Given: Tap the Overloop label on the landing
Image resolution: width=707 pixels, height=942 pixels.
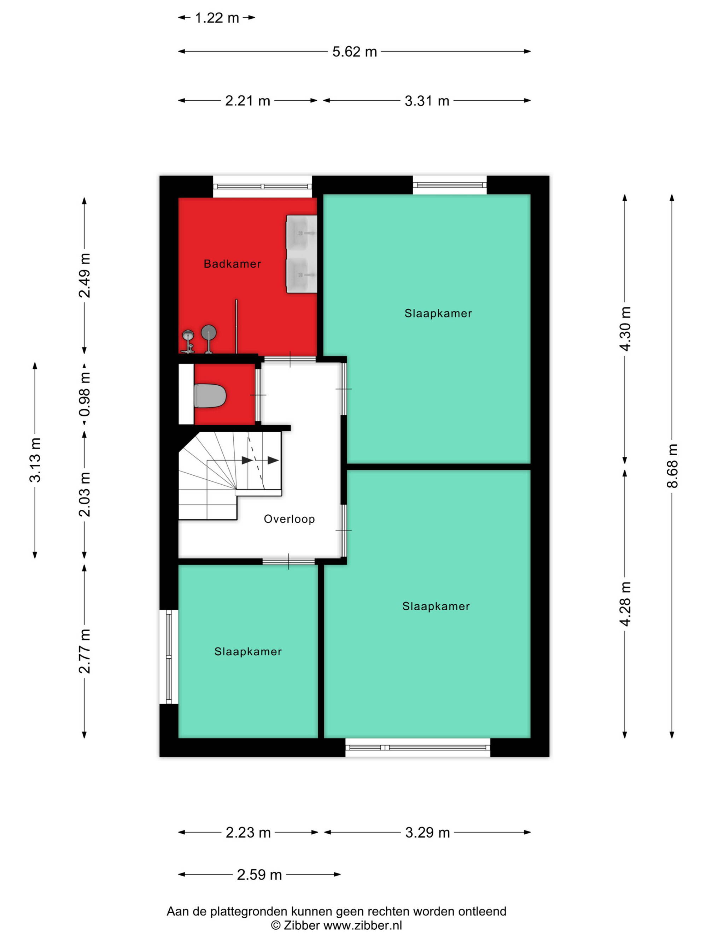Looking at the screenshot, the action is (x=290, y=519).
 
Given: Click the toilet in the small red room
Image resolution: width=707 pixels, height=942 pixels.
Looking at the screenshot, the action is (x=210, y=396).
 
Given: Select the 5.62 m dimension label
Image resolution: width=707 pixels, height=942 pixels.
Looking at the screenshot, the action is (x=355, y=52).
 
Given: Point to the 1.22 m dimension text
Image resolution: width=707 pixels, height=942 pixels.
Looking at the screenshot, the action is (x=217, y=18).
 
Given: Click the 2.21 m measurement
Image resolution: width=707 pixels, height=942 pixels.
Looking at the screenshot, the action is (x=247, y=101).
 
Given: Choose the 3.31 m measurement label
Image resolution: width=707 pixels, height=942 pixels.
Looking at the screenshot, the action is (x=427, y=101).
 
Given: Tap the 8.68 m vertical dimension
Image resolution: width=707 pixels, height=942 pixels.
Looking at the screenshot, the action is (x=672, y=466).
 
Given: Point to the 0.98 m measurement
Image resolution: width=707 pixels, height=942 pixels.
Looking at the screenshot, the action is (x=84, y=394).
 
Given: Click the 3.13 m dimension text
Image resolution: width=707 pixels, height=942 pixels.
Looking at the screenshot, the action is (x=35, y=460).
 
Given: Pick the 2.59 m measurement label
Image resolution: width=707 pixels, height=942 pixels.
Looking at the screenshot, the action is (x=259, y=875).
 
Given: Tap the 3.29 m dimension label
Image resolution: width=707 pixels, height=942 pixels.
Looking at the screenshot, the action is (x=427, y=833).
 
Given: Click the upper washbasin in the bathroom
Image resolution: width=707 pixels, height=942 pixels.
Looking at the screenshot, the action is (x=301, y=232).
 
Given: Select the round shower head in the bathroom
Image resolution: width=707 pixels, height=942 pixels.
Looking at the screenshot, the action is (x=209, y=332).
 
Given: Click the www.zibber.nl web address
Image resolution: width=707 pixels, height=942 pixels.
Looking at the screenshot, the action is (x=363, y=925).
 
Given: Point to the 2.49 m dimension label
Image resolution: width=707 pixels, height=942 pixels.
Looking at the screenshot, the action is (x=84, y=275).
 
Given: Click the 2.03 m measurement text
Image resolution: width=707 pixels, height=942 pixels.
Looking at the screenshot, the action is (x=84, y=494).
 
